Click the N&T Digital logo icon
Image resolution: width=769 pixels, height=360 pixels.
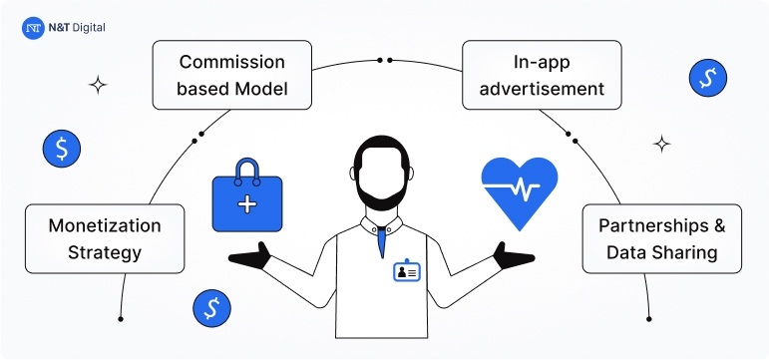coord(32,29)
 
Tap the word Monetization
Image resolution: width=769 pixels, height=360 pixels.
coord(104,225)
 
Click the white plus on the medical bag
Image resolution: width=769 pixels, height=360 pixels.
coord(246,203)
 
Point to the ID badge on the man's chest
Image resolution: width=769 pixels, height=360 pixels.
coord(406,270)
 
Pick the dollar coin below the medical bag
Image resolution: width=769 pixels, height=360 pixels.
coord(210,308)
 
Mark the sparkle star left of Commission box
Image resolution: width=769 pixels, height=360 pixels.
coord(97,85)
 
